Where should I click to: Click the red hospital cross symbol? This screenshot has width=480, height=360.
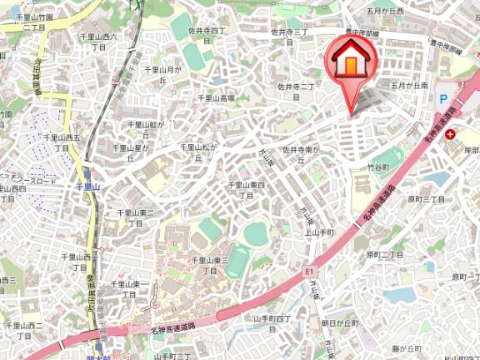click(x=451, y=133)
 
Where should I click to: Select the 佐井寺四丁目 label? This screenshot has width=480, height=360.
click(x=207, y=34)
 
